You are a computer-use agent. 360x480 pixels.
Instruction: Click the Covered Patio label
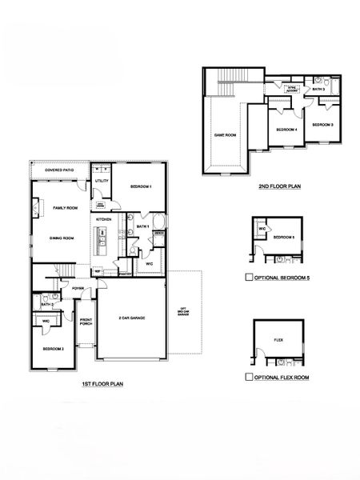tap(59, 170)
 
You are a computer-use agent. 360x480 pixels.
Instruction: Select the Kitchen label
tap(104, 219)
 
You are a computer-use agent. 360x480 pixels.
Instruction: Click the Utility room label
tap(102, 181)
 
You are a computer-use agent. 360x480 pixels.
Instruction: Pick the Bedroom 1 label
tap(141, 186)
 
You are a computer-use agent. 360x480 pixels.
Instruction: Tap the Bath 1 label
tap(143, 226)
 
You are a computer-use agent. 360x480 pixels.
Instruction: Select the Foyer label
tap(78, 288)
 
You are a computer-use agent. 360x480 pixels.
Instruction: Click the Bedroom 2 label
tap(54, 349)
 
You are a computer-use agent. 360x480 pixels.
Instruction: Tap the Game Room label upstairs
tap(225, 135)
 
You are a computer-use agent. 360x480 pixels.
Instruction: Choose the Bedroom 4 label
tap(287, 129)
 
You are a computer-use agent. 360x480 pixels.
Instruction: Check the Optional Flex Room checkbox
tap(249, 375)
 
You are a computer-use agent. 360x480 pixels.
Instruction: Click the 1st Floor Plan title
tap(102, 384)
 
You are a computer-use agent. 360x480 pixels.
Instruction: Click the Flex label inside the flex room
tap(278, 339)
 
